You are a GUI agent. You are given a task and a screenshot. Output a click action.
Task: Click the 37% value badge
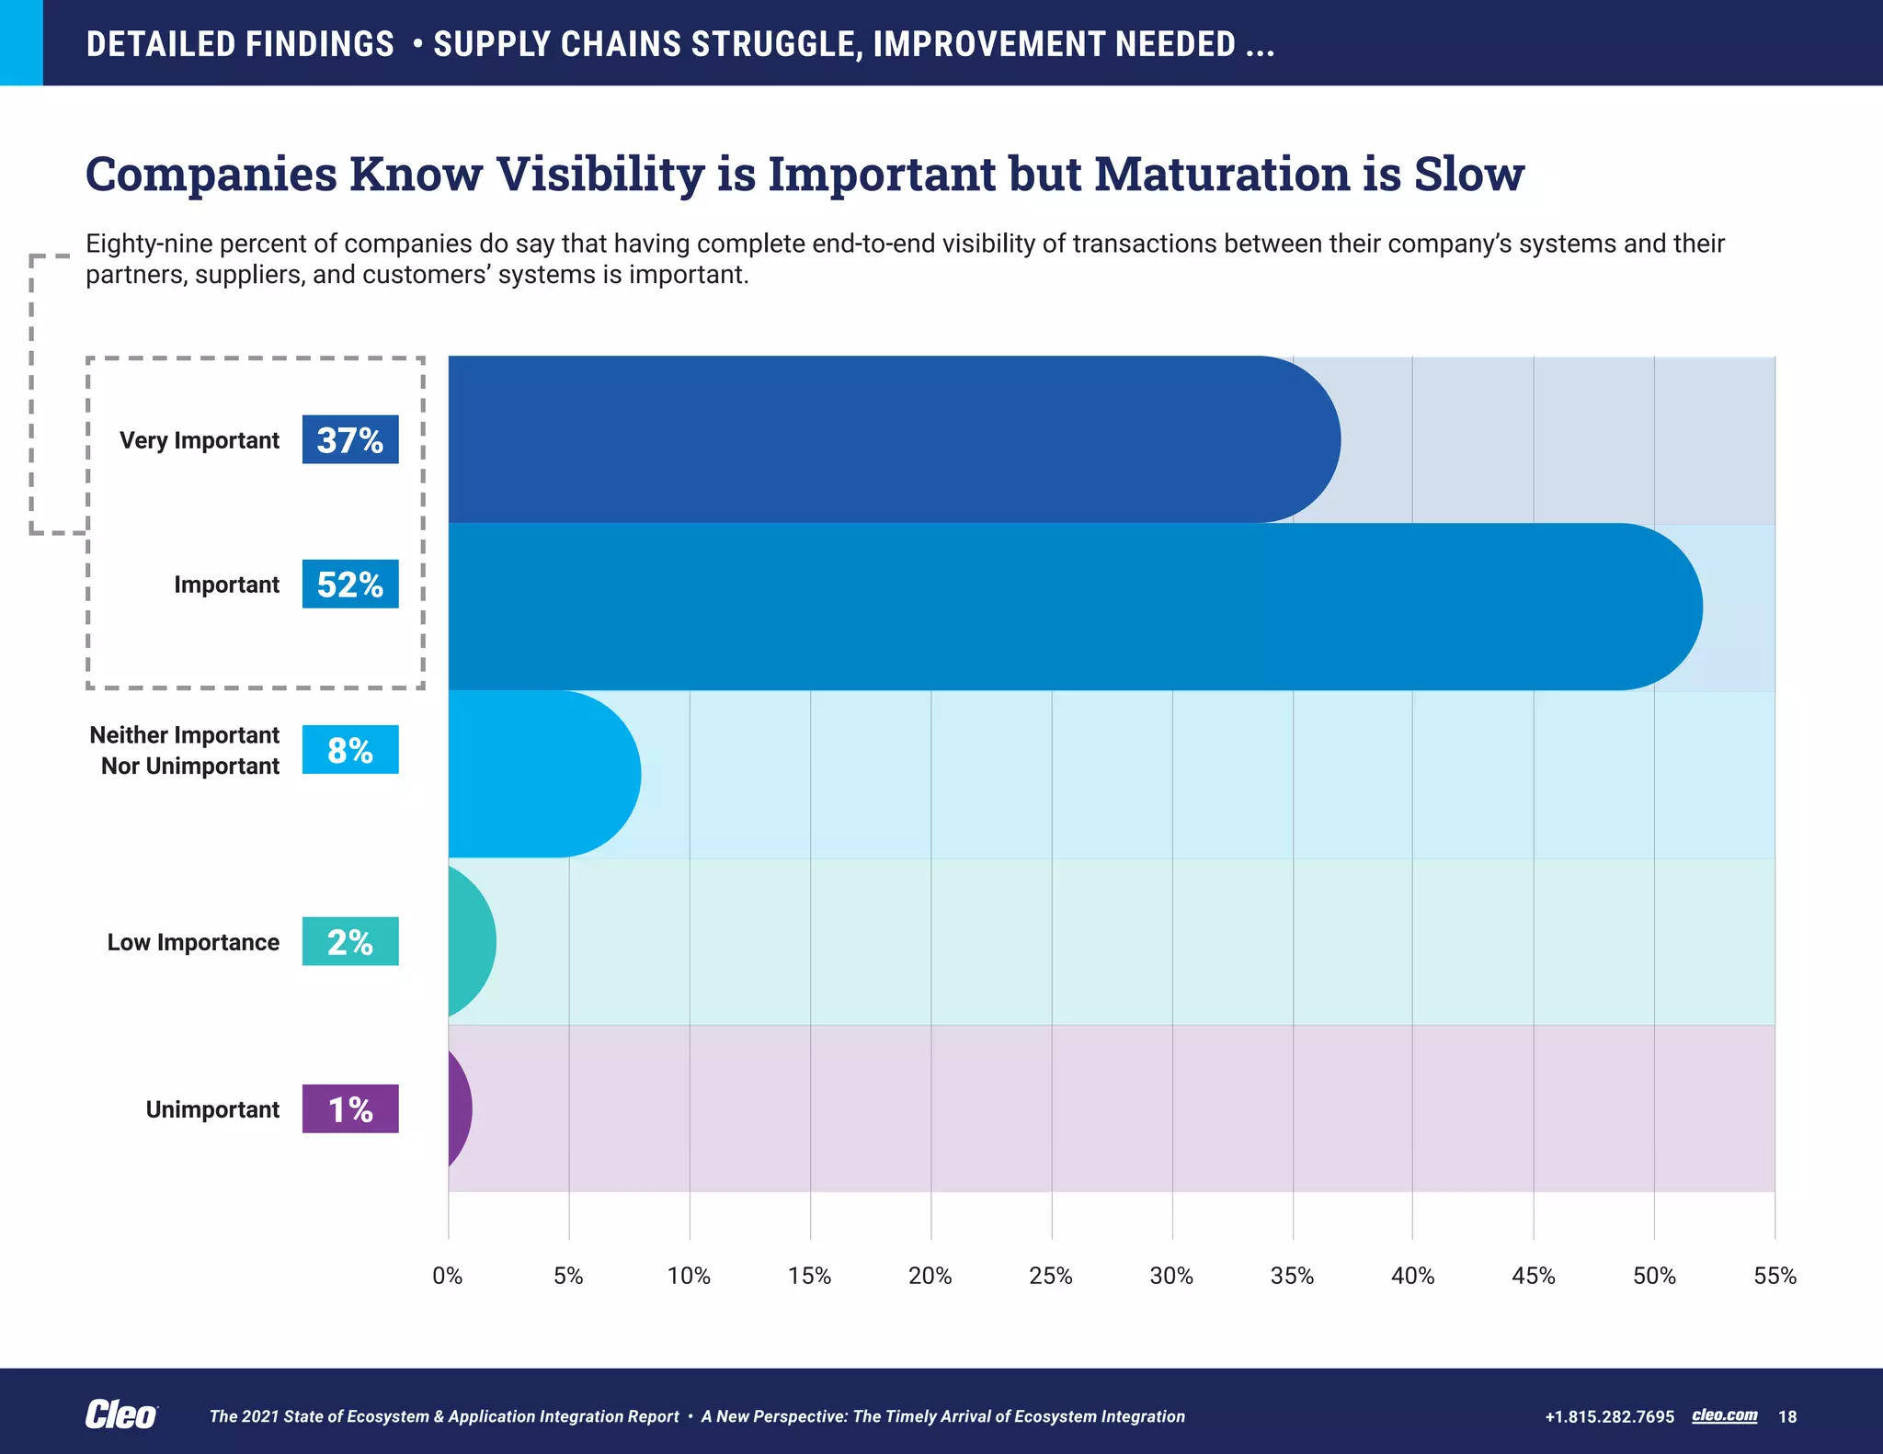point(349,439)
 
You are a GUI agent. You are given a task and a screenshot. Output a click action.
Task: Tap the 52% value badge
point(349,584)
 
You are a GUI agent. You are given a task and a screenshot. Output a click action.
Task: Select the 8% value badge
point(349,750)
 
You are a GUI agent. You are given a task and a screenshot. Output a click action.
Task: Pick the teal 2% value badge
point(349,941)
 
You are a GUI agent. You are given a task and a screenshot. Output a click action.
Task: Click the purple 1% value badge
point(349,1108)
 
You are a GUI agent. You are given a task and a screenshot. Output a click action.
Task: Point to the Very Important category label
point(199,440)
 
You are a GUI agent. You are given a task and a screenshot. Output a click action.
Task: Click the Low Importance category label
point(193,942)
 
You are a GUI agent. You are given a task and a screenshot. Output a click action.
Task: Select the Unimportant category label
point(212,1109)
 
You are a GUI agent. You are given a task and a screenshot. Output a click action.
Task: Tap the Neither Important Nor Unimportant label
point(185,750)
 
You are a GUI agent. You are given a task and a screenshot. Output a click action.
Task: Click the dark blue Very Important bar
point(873,439)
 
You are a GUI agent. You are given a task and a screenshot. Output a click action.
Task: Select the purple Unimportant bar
point(458,1108)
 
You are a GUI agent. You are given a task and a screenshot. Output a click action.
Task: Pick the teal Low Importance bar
point(469,941)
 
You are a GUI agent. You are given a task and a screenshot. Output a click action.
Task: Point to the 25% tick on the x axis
point(1051,1276)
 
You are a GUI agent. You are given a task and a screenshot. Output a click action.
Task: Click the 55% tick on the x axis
point(1775,1276)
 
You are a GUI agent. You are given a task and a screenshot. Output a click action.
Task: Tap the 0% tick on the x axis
point(448,1276)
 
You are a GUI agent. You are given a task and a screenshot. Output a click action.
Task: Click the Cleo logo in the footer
point(120,1415)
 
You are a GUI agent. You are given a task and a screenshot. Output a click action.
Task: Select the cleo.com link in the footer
point(1724,1415)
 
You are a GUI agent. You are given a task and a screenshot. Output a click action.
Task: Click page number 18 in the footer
point(1787,1416)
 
